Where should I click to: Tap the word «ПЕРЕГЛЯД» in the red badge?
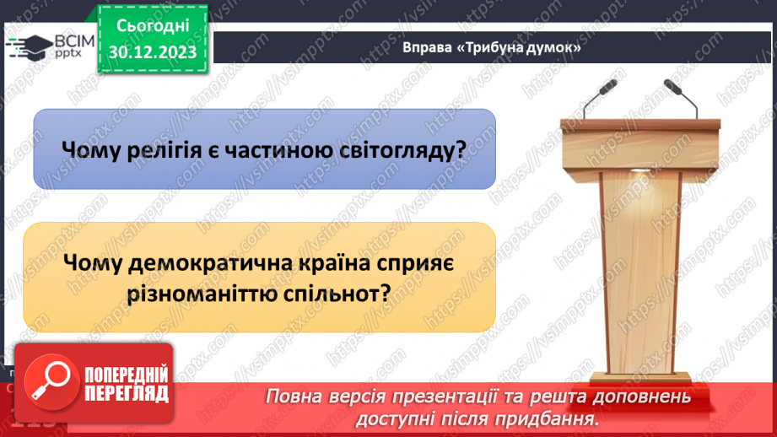[126, 393]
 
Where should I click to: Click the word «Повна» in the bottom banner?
[297, 397]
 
